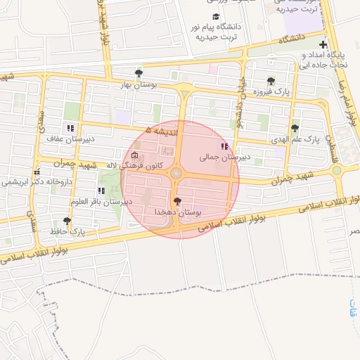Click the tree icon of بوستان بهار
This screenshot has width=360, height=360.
tap(139, 72)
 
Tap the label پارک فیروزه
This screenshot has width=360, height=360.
tap(253, 92)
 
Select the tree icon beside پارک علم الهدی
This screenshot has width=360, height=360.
tap(295, 128)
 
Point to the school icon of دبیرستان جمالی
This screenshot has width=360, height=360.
tap(224, 146)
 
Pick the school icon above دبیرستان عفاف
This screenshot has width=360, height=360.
tap(70, 128)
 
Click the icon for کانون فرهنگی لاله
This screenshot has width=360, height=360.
tap(134, 155)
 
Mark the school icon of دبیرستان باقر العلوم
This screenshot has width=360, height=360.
tap(101, 191)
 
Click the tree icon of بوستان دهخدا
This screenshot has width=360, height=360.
tap(176, 201)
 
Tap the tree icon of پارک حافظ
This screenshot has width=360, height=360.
tap(67, 221)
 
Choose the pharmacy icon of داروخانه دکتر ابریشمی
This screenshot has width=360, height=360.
tap(36, 172)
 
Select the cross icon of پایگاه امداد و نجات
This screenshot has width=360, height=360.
tap(323, 44)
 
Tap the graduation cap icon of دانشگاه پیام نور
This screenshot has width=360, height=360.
tap(214, 17)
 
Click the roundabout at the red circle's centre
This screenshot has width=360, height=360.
tap(176, 173)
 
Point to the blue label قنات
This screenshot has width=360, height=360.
tap(352, 308)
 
